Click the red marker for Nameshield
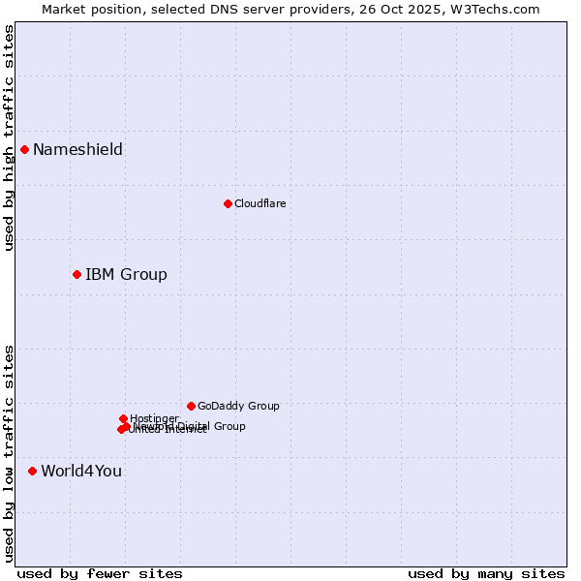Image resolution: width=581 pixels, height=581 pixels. coord(24,149)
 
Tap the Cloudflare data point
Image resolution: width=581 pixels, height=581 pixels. coord(228,203)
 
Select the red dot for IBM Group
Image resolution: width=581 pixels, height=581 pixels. coord(76,274)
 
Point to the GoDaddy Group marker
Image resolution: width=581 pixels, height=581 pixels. coord(191,406)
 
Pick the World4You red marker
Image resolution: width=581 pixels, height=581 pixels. coord(32,471)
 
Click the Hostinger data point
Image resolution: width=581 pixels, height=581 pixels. coord(123,418)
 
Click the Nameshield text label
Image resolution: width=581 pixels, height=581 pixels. coord(77,149)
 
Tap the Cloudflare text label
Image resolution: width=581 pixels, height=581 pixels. coord(260,203)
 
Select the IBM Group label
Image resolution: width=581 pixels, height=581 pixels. coord(126,274)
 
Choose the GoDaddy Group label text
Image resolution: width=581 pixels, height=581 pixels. coord(238,406)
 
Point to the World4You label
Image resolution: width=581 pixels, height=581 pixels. coord(81,471)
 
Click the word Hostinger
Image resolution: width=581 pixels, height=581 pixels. coord(154,418)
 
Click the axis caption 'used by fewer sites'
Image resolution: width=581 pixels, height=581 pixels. coord(100,573)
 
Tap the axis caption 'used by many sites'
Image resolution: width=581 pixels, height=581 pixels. coord(486,573)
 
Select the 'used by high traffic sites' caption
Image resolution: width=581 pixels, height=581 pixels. coord(9,138)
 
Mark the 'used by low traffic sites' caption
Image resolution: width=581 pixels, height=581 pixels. coord(9,453)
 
